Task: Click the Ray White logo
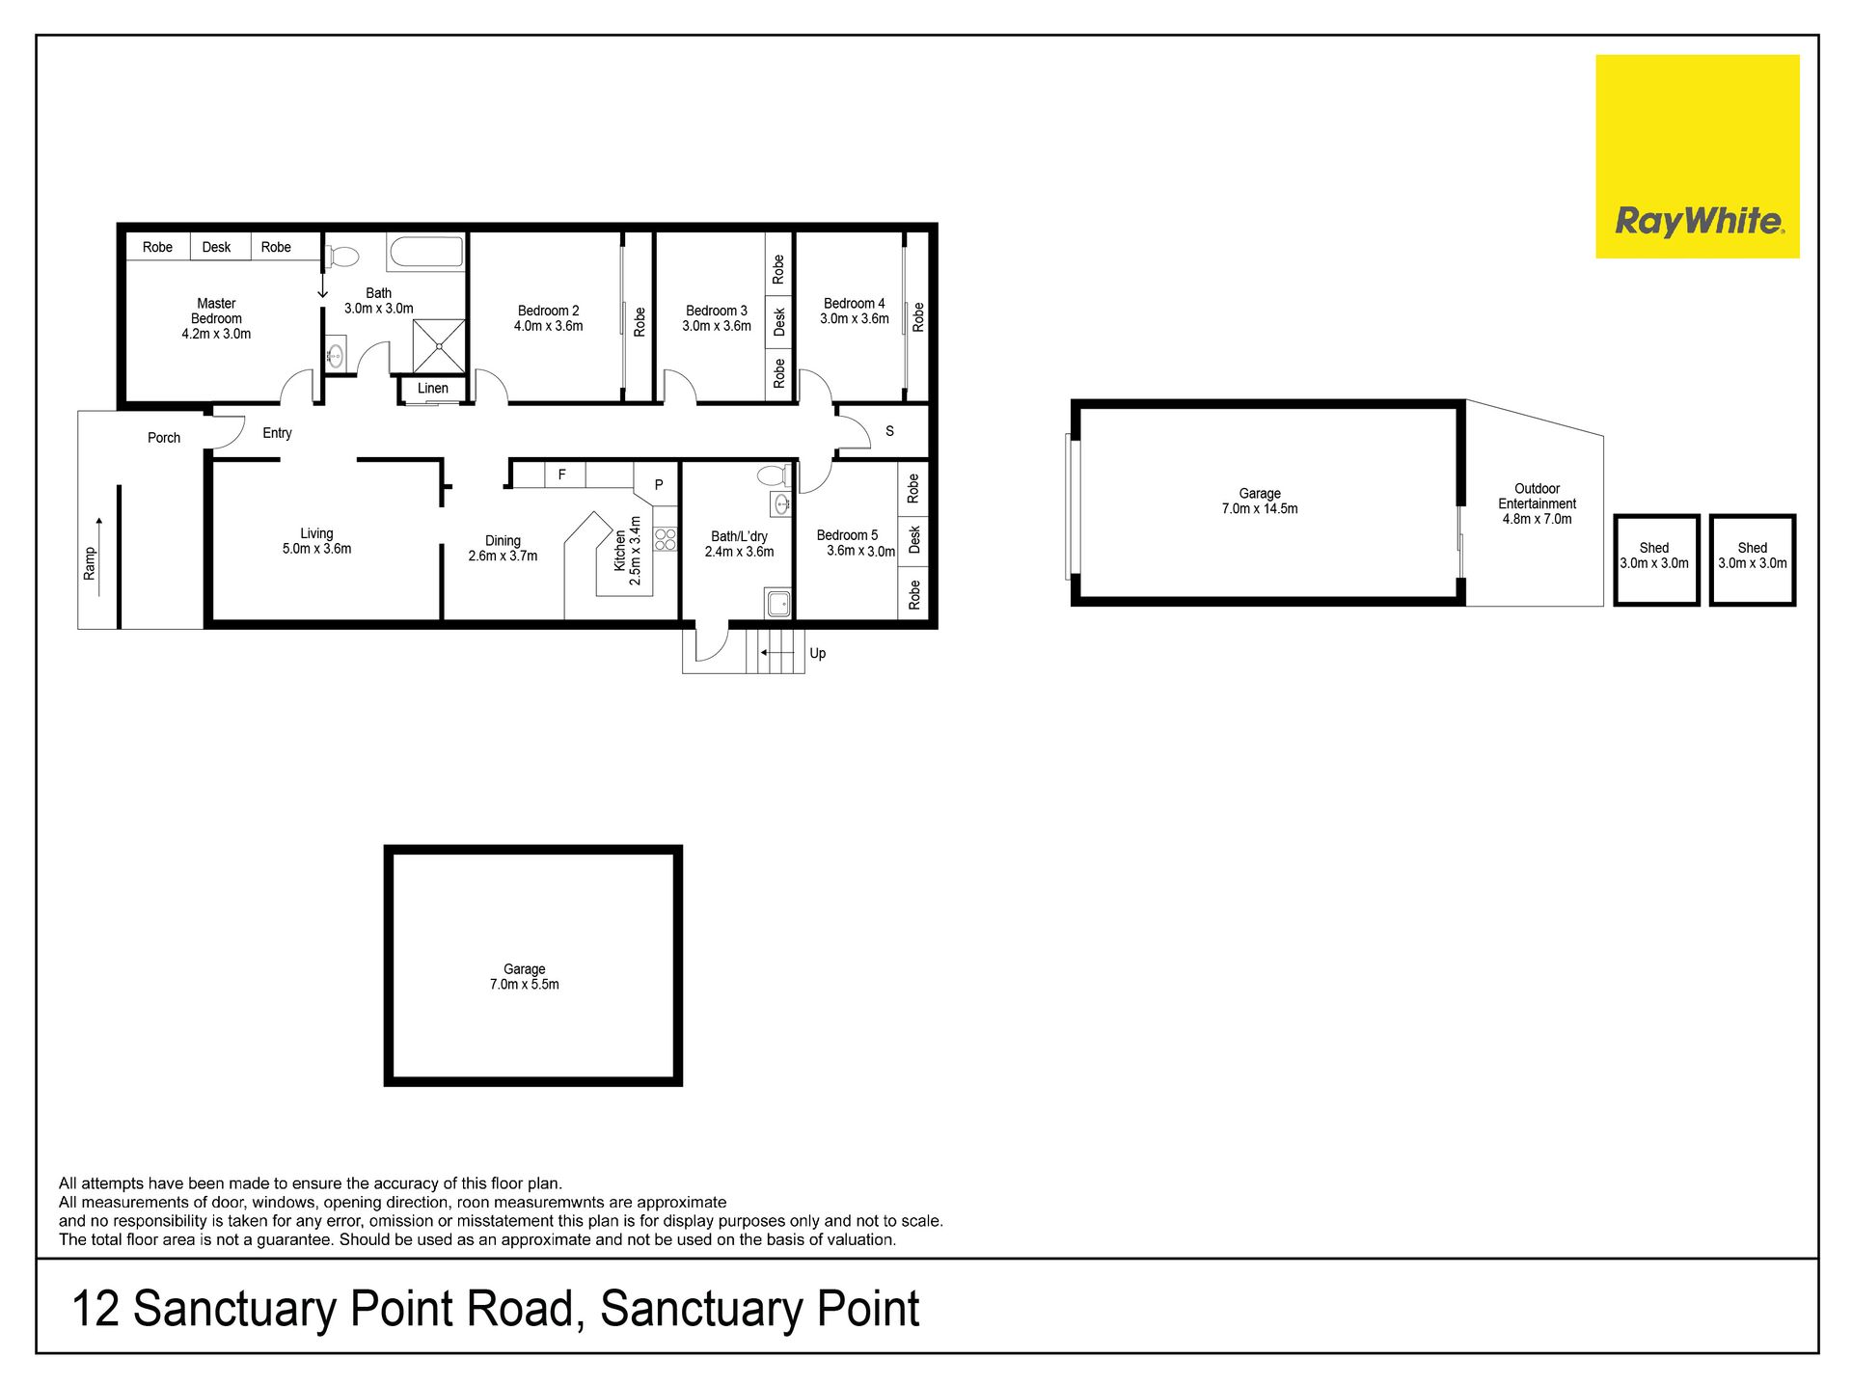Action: [1698, 156]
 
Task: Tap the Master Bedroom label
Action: [216, 311]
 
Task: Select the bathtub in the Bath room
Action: [426, 253]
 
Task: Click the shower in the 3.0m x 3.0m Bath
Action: [439, 345]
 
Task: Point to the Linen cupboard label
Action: [433, 389]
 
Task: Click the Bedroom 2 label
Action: [548, 311]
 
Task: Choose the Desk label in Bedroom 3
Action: [779, 321]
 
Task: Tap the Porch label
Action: [164, 438]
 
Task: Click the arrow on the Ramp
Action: [98, 557]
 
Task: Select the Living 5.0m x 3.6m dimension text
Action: [316, 549]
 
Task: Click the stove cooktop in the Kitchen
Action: [666, 539]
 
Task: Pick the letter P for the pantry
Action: [659, 485]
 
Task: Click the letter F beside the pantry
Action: [562, 475]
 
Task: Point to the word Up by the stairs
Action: [818, 653]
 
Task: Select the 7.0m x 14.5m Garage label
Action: [1260, 501]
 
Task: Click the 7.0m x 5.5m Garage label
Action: [524, 977]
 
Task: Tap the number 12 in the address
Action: [95, 1309]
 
